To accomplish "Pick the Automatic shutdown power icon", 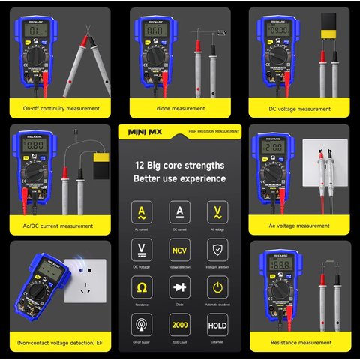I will click(x=217, y=287).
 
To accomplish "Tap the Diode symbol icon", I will click(x=179, y=287).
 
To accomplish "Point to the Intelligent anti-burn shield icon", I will click(x=217, y=250).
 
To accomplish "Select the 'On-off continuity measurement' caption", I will click(x=61, y=108).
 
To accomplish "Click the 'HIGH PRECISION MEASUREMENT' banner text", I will click(x=214, y=132).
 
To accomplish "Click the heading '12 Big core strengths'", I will click(x=179, y=164).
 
